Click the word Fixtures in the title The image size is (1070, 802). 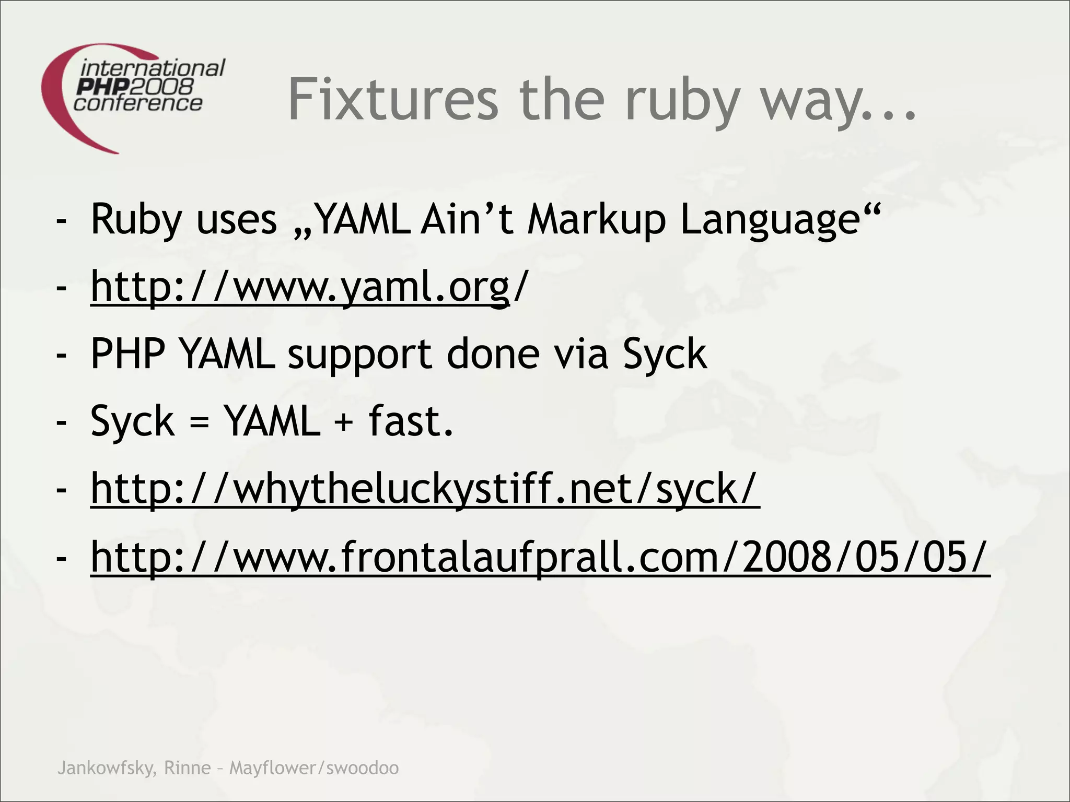[393, 99]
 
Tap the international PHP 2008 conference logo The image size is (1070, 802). [133, 97]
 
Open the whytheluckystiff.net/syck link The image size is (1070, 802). [424, 489]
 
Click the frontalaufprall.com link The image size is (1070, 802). [540, 557]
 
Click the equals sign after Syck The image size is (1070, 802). [200, 422]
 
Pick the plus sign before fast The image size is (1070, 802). [343, 422]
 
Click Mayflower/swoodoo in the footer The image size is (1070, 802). [314, 768]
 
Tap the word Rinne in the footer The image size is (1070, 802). [187, 768]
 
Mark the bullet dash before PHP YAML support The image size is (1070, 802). [62, 355]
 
